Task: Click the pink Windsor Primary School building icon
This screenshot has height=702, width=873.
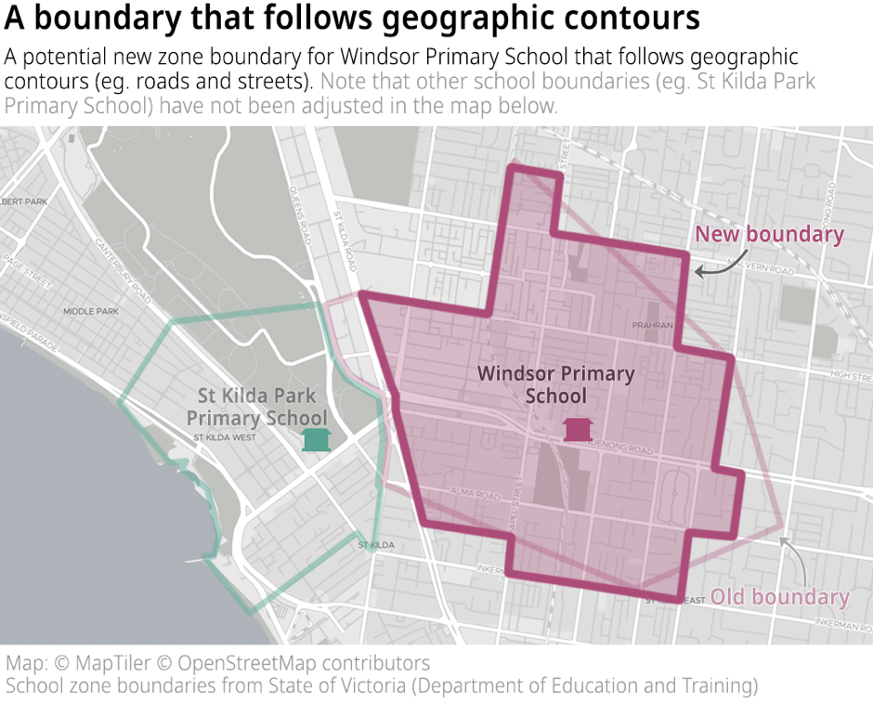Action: pyautogui.click(x=579, y=429)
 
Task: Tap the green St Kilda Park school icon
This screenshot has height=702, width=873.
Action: pyautogui.click(x=317, y=439)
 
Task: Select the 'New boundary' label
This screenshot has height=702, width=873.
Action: pyautogui.click(x=769, y=235)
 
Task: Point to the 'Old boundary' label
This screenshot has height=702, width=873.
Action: pyautogui.click(x=780, y=597)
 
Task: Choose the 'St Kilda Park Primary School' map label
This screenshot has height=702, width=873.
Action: pyautogui.click(x=256, y=408)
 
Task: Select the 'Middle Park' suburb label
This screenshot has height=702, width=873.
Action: pyautogui.click(x=86, y=311)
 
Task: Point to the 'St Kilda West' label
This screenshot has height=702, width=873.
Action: pyautogui.click(x=224, y=437)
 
